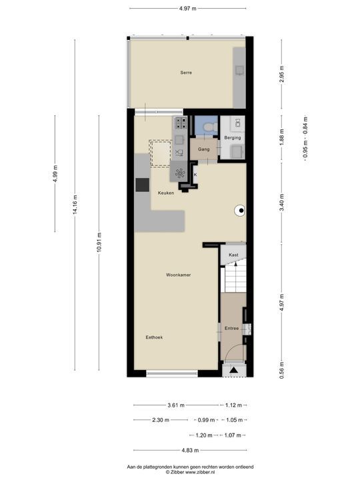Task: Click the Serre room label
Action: tap(186, 73)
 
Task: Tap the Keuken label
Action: tap(166, 193)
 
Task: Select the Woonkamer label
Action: tap(179, 275)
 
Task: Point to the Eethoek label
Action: tap(154, 337)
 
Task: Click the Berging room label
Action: tap(233, 138)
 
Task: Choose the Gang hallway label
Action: tap(204, 149)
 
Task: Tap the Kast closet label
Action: tap(233, 255)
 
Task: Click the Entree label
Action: tap(232, 328)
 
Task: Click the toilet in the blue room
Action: tap(211, 127)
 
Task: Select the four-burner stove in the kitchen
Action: tap(181, 123)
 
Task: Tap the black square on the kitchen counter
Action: tap(143, 185)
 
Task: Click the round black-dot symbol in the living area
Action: tap(240, 210)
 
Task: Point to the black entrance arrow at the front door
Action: tap(234, 371)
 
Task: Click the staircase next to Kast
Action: tap(236, 279)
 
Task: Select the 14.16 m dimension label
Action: tap(75, 204)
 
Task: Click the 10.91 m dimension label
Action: tap(99, 243)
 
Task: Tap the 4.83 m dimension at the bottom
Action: tap(190, 450)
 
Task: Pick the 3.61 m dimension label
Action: tap(176, 405)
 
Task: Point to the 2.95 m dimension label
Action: tap(282, 74)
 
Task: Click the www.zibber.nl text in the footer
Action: tap(201, 473)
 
